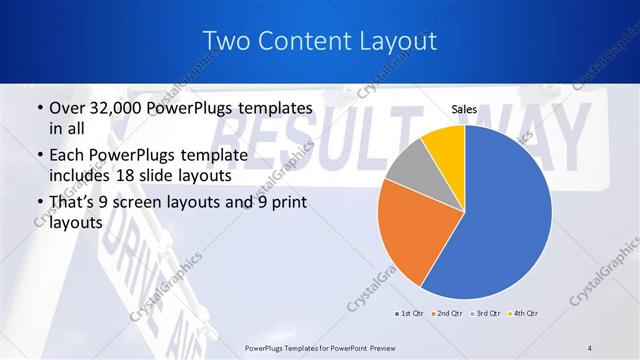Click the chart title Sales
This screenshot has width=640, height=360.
click(x=463, y=108)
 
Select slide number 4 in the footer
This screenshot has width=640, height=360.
click(x=590, y=347)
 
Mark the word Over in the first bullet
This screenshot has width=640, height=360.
click(x=68, y=107)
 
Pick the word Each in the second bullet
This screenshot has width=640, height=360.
click(x=68, y=155)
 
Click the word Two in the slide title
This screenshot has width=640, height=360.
click(x=224, y=41)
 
